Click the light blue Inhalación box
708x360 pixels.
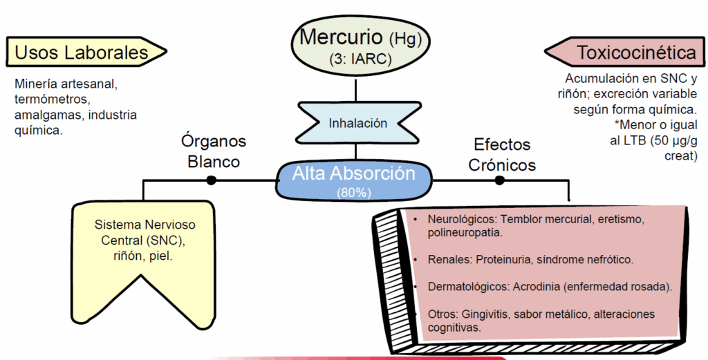coord(357,124)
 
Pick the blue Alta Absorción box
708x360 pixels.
coord(353,178)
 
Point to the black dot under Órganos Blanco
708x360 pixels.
coord(211,180)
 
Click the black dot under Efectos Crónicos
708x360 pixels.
coord(499,180)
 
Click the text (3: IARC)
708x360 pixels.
coord(360,59)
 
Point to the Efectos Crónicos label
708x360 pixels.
coord(502,155)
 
